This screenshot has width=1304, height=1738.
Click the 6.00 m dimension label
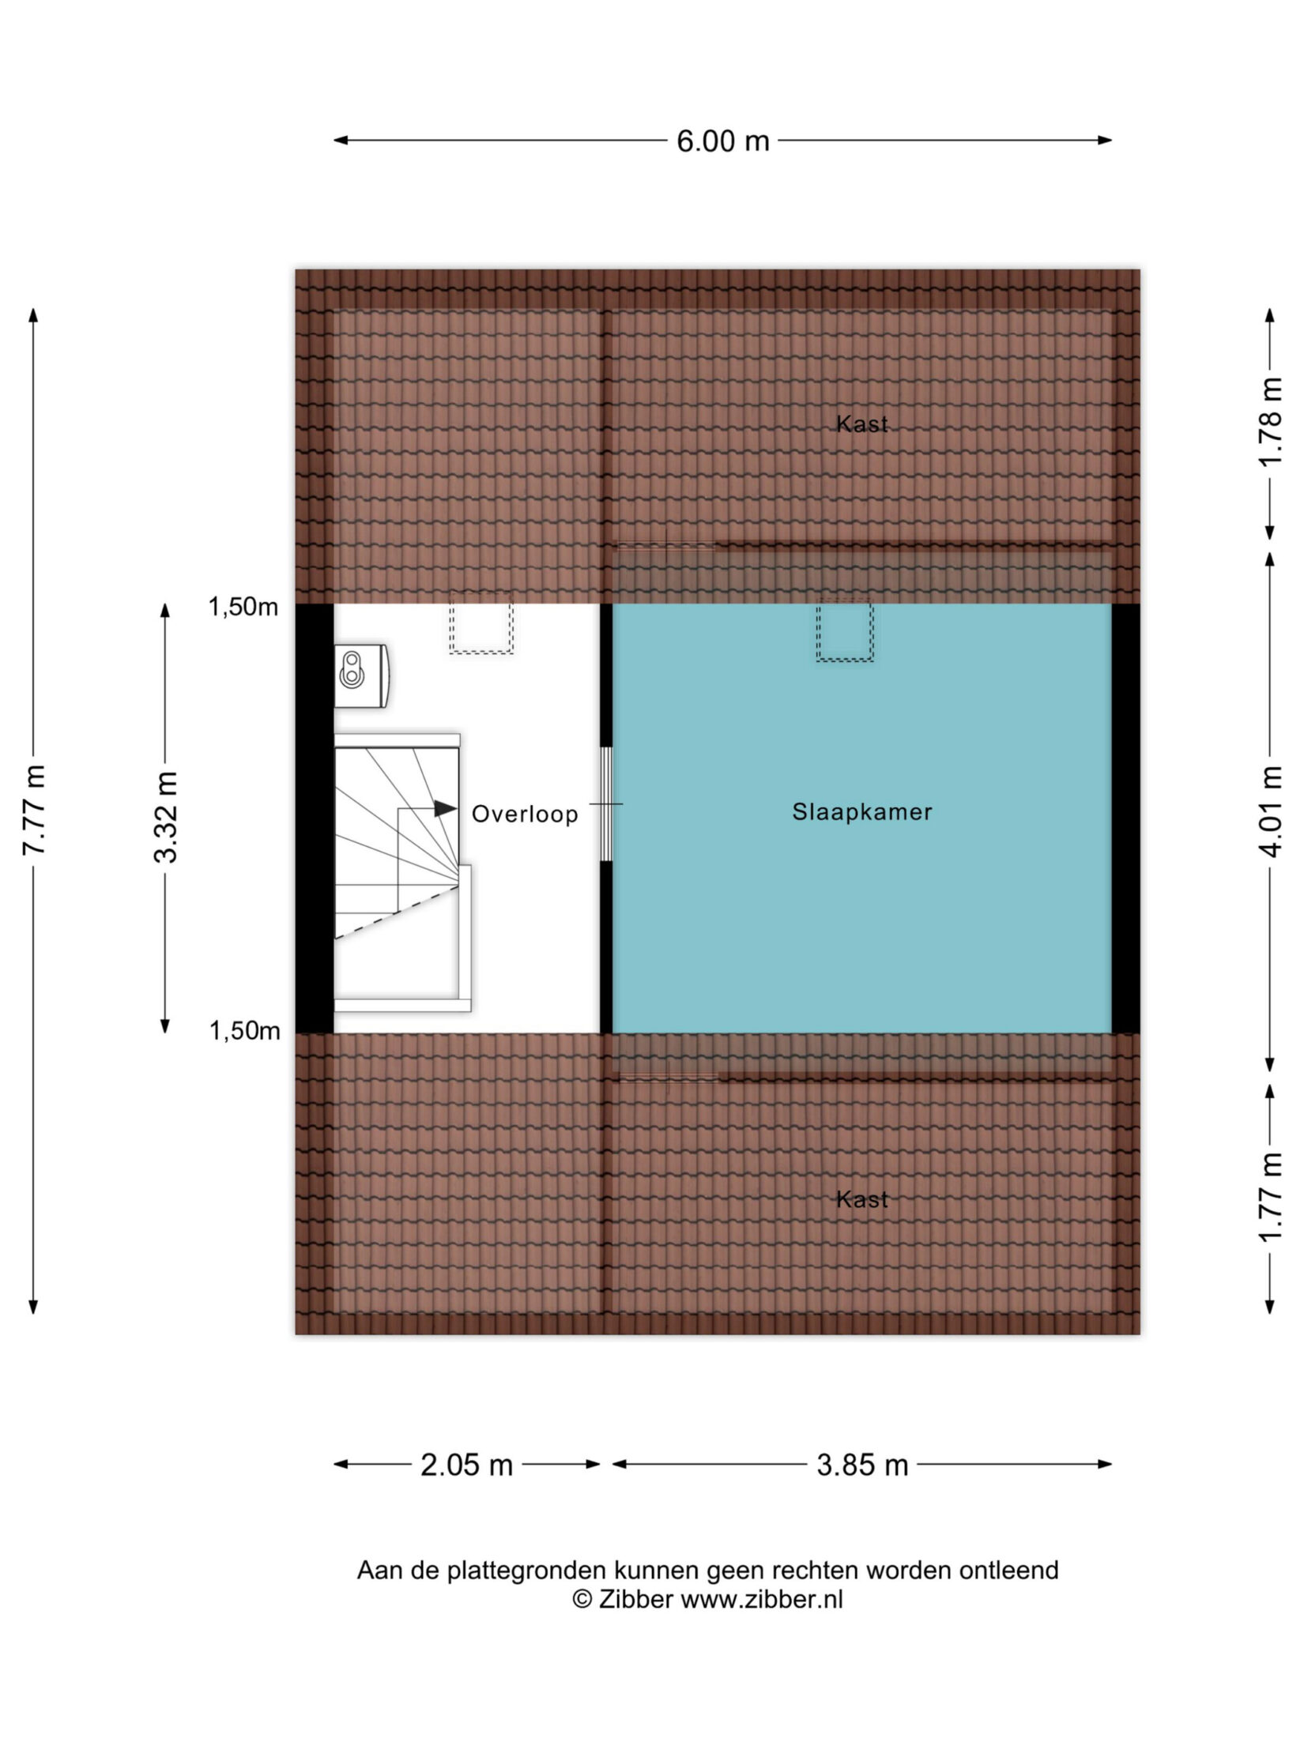point(722,141)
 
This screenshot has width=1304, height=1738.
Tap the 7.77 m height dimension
point(35,810)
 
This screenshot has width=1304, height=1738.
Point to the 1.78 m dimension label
point(1270,422)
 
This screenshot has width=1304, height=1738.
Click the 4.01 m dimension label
point(1270,811)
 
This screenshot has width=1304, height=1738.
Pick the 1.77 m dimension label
point(1270,1197)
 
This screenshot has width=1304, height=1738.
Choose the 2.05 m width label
point(466,1465)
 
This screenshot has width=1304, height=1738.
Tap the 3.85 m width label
point(862,1465)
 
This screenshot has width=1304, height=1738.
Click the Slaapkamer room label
point(862,812)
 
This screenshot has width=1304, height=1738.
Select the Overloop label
point(525,814)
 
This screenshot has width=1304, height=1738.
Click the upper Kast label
point(862,424)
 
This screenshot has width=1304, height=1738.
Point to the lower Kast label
point(862,1200)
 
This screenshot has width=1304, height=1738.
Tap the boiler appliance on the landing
point(361,675)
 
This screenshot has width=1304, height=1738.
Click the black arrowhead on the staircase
point(445,809)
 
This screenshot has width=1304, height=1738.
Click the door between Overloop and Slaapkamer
point(606,804)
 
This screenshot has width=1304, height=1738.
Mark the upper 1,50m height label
point(243,607)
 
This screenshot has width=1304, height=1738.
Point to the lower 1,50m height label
point(244,1031)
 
